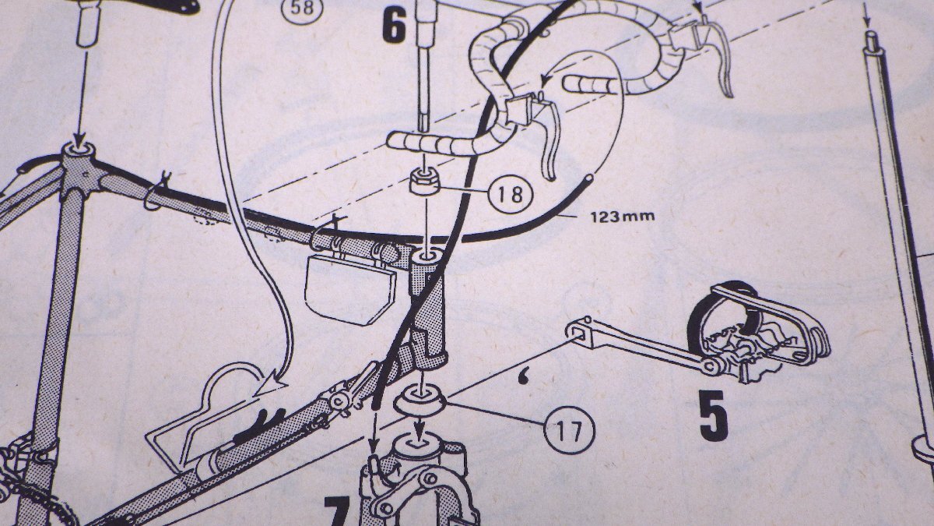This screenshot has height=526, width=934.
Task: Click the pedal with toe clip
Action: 759,336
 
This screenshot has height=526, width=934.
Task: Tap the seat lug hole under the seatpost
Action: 78,147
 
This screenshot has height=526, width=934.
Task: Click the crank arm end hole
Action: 574,331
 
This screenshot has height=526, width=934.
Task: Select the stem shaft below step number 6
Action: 425,86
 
